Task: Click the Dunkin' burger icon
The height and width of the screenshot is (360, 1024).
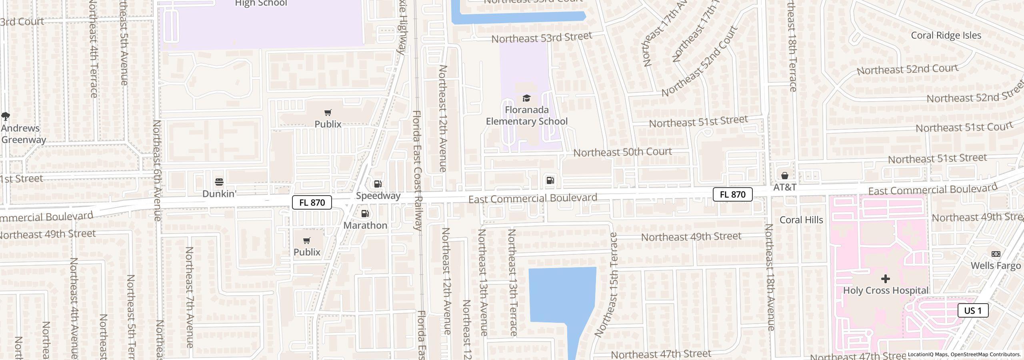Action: click(219, 182)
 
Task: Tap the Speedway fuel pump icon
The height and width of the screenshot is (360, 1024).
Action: click(378, 184)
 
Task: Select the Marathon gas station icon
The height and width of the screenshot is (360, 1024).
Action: click(365, 214)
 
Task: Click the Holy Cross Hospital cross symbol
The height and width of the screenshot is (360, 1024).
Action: click(885, 278)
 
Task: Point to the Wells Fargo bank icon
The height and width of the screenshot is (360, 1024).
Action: click(996, 254)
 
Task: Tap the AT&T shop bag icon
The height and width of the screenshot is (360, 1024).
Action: click(784, 176)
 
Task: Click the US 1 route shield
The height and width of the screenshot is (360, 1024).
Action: click(973, 310)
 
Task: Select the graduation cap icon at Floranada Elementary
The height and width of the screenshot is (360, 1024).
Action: click(526, 98)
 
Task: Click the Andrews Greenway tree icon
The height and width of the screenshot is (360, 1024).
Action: click(6, 116)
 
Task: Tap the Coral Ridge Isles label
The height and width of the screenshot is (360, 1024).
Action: click(946, 35)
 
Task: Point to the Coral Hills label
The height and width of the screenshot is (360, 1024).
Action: click(801, 220)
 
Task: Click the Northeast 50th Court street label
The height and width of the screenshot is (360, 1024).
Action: click(622, 152)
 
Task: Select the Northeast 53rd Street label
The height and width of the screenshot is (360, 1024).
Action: click(541, 38)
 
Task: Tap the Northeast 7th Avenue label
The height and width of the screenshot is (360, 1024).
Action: click(189, 297)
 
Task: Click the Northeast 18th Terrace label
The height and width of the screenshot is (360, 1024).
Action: click(792, 46)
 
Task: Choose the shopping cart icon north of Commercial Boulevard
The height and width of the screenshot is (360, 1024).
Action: click(328, 113)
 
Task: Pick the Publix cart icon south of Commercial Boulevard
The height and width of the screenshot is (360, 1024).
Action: click(307, 240)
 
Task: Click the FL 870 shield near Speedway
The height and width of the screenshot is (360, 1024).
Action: click(312, 202)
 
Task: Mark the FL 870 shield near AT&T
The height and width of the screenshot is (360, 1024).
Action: click(732, 194)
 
